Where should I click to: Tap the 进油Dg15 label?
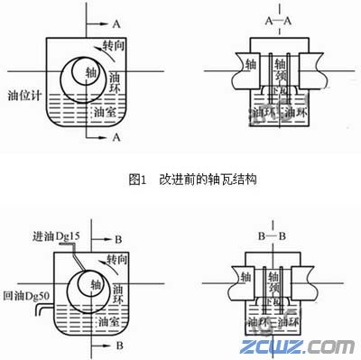point(55,236)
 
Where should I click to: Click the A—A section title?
point(278,19)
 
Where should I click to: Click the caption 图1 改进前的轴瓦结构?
point(181,180)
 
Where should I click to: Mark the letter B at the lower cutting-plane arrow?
point(117,346)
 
